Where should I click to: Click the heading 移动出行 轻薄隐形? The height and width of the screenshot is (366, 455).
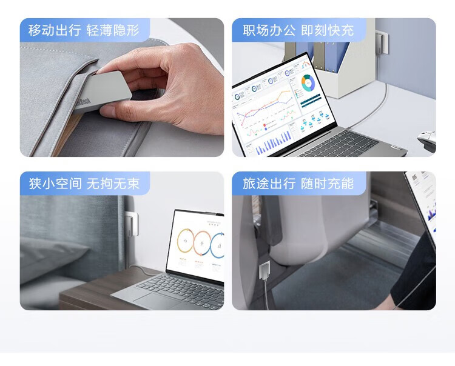pyautogui.click(x=84, y=30)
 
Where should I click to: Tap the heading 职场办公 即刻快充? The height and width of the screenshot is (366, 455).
pyautogui.click(x=298, y=30)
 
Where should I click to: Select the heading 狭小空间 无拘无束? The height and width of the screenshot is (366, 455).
pyautogui.click(x=84, y=184)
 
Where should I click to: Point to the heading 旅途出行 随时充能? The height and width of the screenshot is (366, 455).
pyautogui.click(x=298, y=184)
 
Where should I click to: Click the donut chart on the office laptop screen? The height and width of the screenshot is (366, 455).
pyautogui.click(x=308, y=83)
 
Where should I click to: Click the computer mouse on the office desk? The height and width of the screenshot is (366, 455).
pyautogui.click(x=428, y=140)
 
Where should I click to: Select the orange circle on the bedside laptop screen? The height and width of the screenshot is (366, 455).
pyautogui.click(x=186, y=241)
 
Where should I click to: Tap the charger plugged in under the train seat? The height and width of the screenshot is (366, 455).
pyautogui.click(x=265, y=270)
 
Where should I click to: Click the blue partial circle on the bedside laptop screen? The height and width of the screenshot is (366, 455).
pyautogui.click(x=217, y=246)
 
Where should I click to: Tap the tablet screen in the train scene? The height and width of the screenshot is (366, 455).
pyautogui.click(x=422, y=203)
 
